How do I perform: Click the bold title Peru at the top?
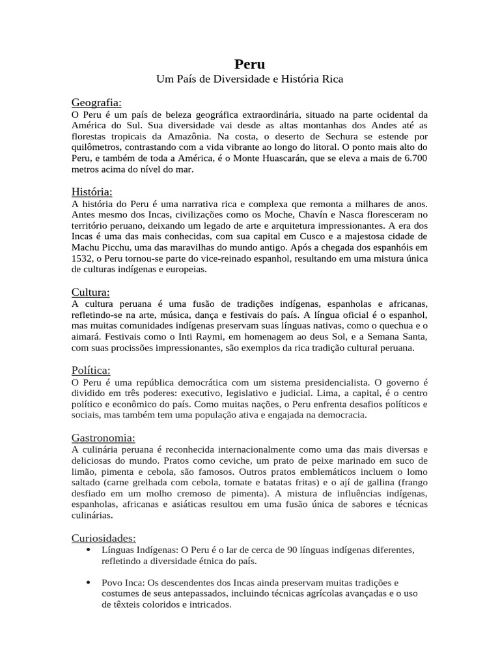click(x=249, y=64)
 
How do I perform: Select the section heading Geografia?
click(x=96, y=102)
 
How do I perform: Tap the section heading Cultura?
click(x=90, y=292)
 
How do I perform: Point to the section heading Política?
click(x=91, y=370)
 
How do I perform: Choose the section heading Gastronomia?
click(x=104, y=438)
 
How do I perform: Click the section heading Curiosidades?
click(x=104, y=538)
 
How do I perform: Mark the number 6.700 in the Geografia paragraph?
click(x=415, y=158)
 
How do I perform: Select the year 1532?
click(x=82, y=258)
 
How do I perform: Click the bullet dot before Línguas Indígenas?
click(x=88, y=550)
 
